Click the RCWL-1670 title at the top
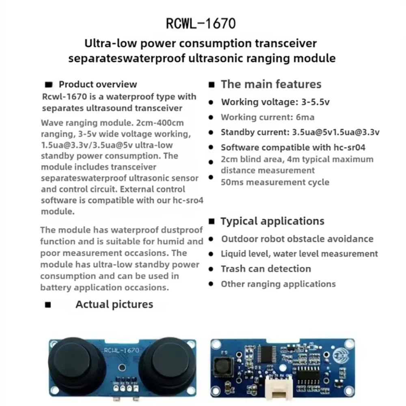point(201,24)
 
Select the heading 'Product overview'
point(98,84)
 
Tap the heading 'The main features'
point(271,84)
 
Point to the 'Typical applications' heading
point(272,221)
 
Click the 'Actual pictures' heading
point(114,304)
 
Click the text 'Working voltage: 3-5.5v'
point(275,102)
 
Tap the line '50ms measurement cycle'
point(275,182)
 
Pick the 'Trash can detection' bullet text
point(266,269)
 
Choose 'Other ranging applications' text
point(278,284)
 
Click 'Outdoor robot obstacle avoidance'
point(297,239)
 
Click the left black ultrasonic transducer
point(72,361)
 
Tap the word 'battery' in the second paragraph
point(55,287)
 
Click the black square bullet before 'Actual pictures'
point(48,305)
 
